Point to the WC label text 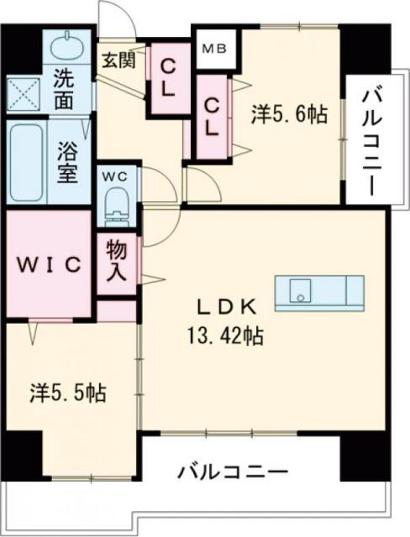[114, 176]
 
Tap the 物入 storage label [116, 260]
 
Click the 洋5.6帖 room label [288, 115]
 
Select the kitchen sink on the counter [302, 292]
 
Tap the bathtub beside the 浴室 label [27, 164]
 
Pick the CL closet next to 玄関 [168, 77]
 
